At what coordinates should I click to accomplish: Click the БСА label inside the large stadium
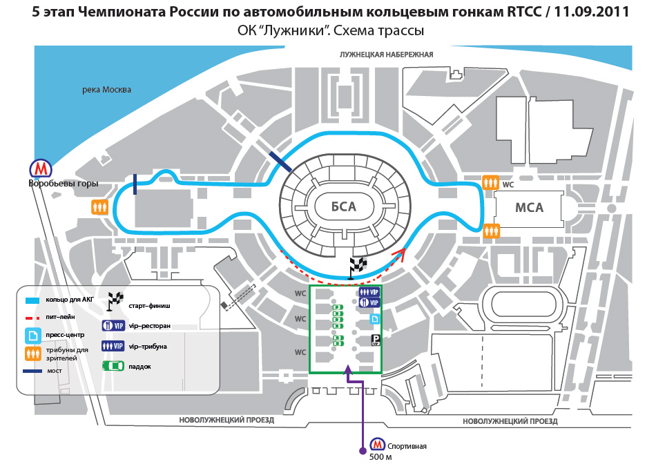(343, 206)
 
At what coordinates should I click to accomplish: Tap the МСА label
(529, 208)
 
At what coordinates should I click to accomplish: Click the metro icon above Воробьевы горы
(41, 168)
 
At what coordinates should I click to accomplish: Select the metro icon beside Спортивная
(378, 445)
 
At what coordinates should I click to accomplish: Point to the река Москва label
(106, 90)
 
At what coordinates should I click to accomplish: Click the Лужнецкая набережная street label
(386, 55)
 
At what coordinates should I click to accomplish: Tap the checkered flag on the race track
(357, 267)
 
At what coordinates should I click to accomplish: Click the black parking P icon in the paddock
(376, 340)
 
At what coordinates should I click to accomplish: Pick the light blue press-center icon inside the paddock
(375, 319)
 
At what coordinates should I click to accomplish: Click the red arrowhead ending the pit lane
(400, 252)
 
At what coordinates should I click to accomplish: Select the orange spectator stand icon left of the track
(100, 207)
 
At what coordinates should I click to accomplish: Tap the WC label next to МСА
(508, 184)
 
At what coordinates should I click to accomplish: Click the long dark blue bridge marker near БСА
(280, 162)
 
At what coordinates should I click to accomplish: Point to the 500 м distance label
(380, 457)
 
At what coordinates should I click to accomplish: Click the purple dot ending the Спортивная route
(363, 451)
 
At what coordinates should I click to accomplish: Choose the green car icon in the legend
(113, 366)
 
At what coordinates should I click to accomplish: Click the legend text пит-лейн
(61, 317)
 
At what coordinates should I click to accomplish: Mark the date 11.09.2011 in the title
(592, 12)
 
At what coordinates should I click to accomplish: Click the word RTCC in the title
(524, 12)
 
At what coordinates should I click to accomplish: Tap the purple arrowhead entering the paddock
(347, 369)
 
